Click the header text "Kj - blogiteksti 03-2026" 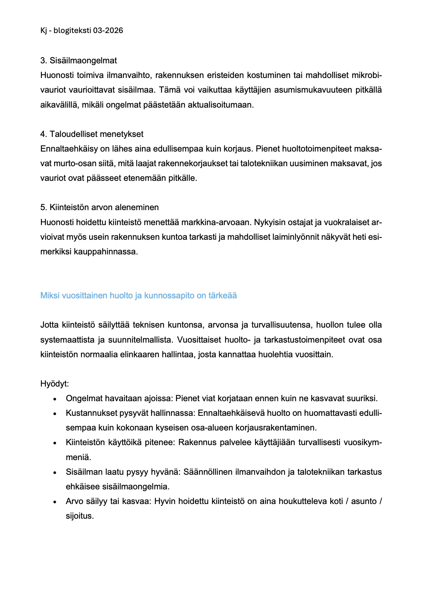click(82, 31)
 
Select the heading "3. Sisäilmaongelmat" click(79, 61)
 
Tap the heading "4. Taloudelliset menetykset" click(92, 134)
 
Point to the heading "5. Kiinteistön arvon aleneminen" click(99, 207)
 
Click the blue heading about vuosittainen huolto click(139, 296)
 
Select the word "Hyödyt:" click(54, 384)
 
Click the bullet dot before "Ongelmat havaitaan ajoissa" click(54, 399)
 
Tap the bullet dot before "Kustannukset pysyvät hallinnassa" click(54, 414)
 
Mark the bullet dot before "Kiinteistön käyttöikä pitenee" click(54, 443)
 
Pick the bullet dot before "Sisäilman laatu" click(54, 473)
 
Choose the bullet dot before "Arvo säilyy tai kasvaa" click(54, 502)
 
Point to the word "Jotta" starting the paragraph click(49, 325)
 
